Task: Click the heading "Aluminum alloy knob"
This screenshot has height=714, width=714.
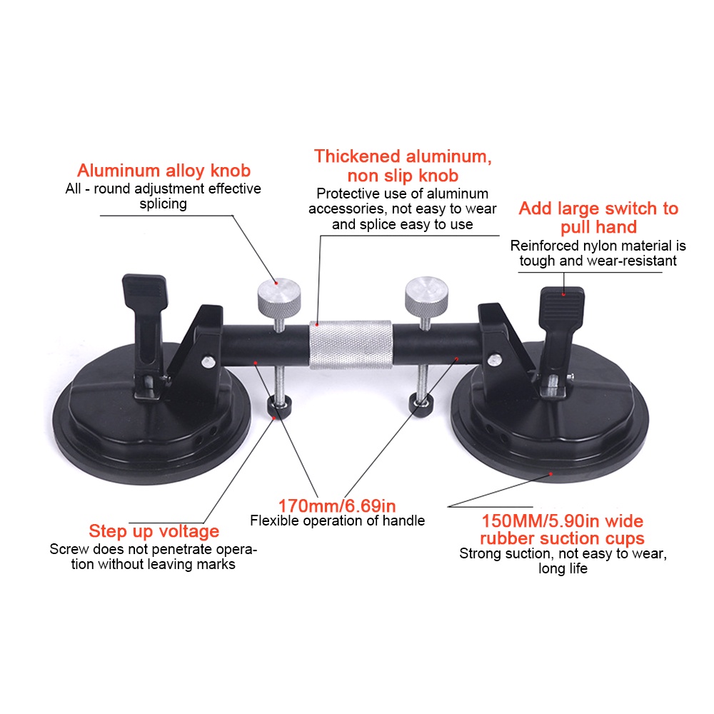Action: point(164,171)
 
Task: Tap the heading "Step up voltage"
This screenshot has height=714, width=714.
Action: point(154,531)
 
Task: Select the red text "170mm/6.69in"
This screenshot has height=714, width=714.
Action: point(337,506)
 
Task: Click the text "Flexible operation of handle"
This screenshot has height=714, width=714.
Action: point(338,521)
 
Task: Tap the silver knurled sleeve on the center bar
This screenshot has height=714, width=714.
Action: point(351,344)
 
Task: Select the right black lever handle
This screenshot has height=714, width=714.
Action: point(561,328)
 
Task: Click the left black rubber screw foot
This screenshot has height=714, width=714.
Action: point(279,407)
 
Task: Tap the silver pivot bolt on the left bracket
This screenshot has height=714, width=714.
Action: point(208,362)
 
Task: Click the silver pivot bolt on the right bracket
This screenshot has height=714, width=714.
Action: point(495,360)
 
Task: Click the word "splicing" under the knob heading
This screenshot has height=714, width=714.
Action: point(163,203)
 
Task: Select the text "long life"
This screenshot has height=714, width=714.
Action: point(563,568)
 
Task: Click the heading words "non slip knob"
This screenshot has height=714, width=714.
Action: point(403,176)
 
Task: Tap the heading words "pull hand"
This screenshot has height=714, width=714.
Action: point(598,227)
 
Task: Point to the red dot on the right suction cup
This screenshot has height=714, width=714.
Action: point(551,474)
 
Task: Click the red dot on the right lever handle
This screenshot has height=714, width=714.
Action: point(564,294)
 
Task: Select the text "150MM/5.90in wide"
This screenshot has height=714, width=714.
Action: point(563,521)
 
